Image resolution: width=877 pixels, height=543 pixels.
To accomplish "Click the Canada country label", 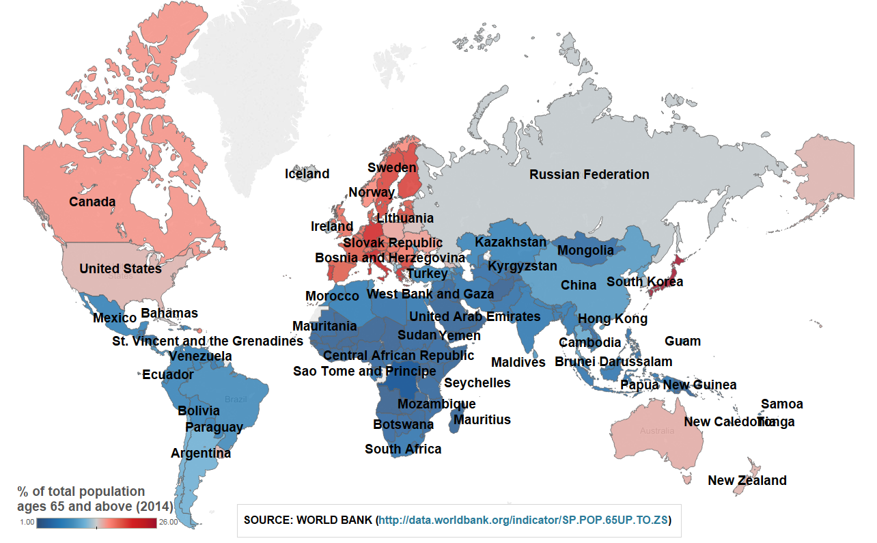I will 92,201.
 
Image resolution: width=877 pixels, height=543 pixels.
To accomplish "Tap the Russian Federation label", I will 589,174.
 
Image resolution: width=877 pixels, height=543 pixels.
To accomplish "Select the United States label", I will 120,268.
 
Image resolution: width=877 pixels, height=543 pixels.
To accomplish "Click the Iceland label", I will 307,173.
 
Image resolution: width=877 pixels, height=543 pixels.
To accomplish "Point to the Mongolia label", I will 585,250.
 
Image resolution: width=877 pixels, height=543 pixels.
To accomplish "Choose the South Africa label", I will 403,449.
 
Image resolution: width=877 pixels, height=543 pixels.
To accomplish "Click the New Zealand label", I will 747,480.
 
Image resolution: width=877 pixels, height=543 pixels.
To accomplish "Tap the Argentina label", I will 201,453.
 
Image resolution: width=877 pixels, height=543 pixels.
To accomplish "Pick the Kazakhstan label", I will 511,242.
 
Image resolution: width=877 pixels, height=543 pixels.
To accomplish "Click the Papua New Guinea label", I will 678,385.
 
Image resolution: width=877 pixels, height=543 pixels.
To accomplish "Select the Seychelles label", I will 477,382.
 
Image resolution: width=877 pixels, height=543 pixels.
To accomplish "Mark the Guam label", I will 682,341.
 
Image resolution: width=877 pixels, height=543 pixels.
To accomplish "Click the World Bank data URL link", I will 523,520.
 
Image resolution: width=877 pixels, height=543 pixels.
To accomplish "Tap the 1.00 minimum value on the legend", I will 27,523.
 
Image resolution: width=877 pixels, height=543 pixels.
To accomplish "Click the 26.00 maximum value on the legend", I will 168,523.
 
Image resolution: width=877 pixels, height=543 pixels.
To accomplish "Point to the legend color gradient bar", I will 97,523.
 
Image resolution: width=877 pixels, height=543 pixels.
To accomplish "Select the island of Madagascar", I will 454,419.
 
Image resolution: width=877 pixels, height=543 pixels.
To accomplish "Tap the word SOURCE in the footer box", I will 268,520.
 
